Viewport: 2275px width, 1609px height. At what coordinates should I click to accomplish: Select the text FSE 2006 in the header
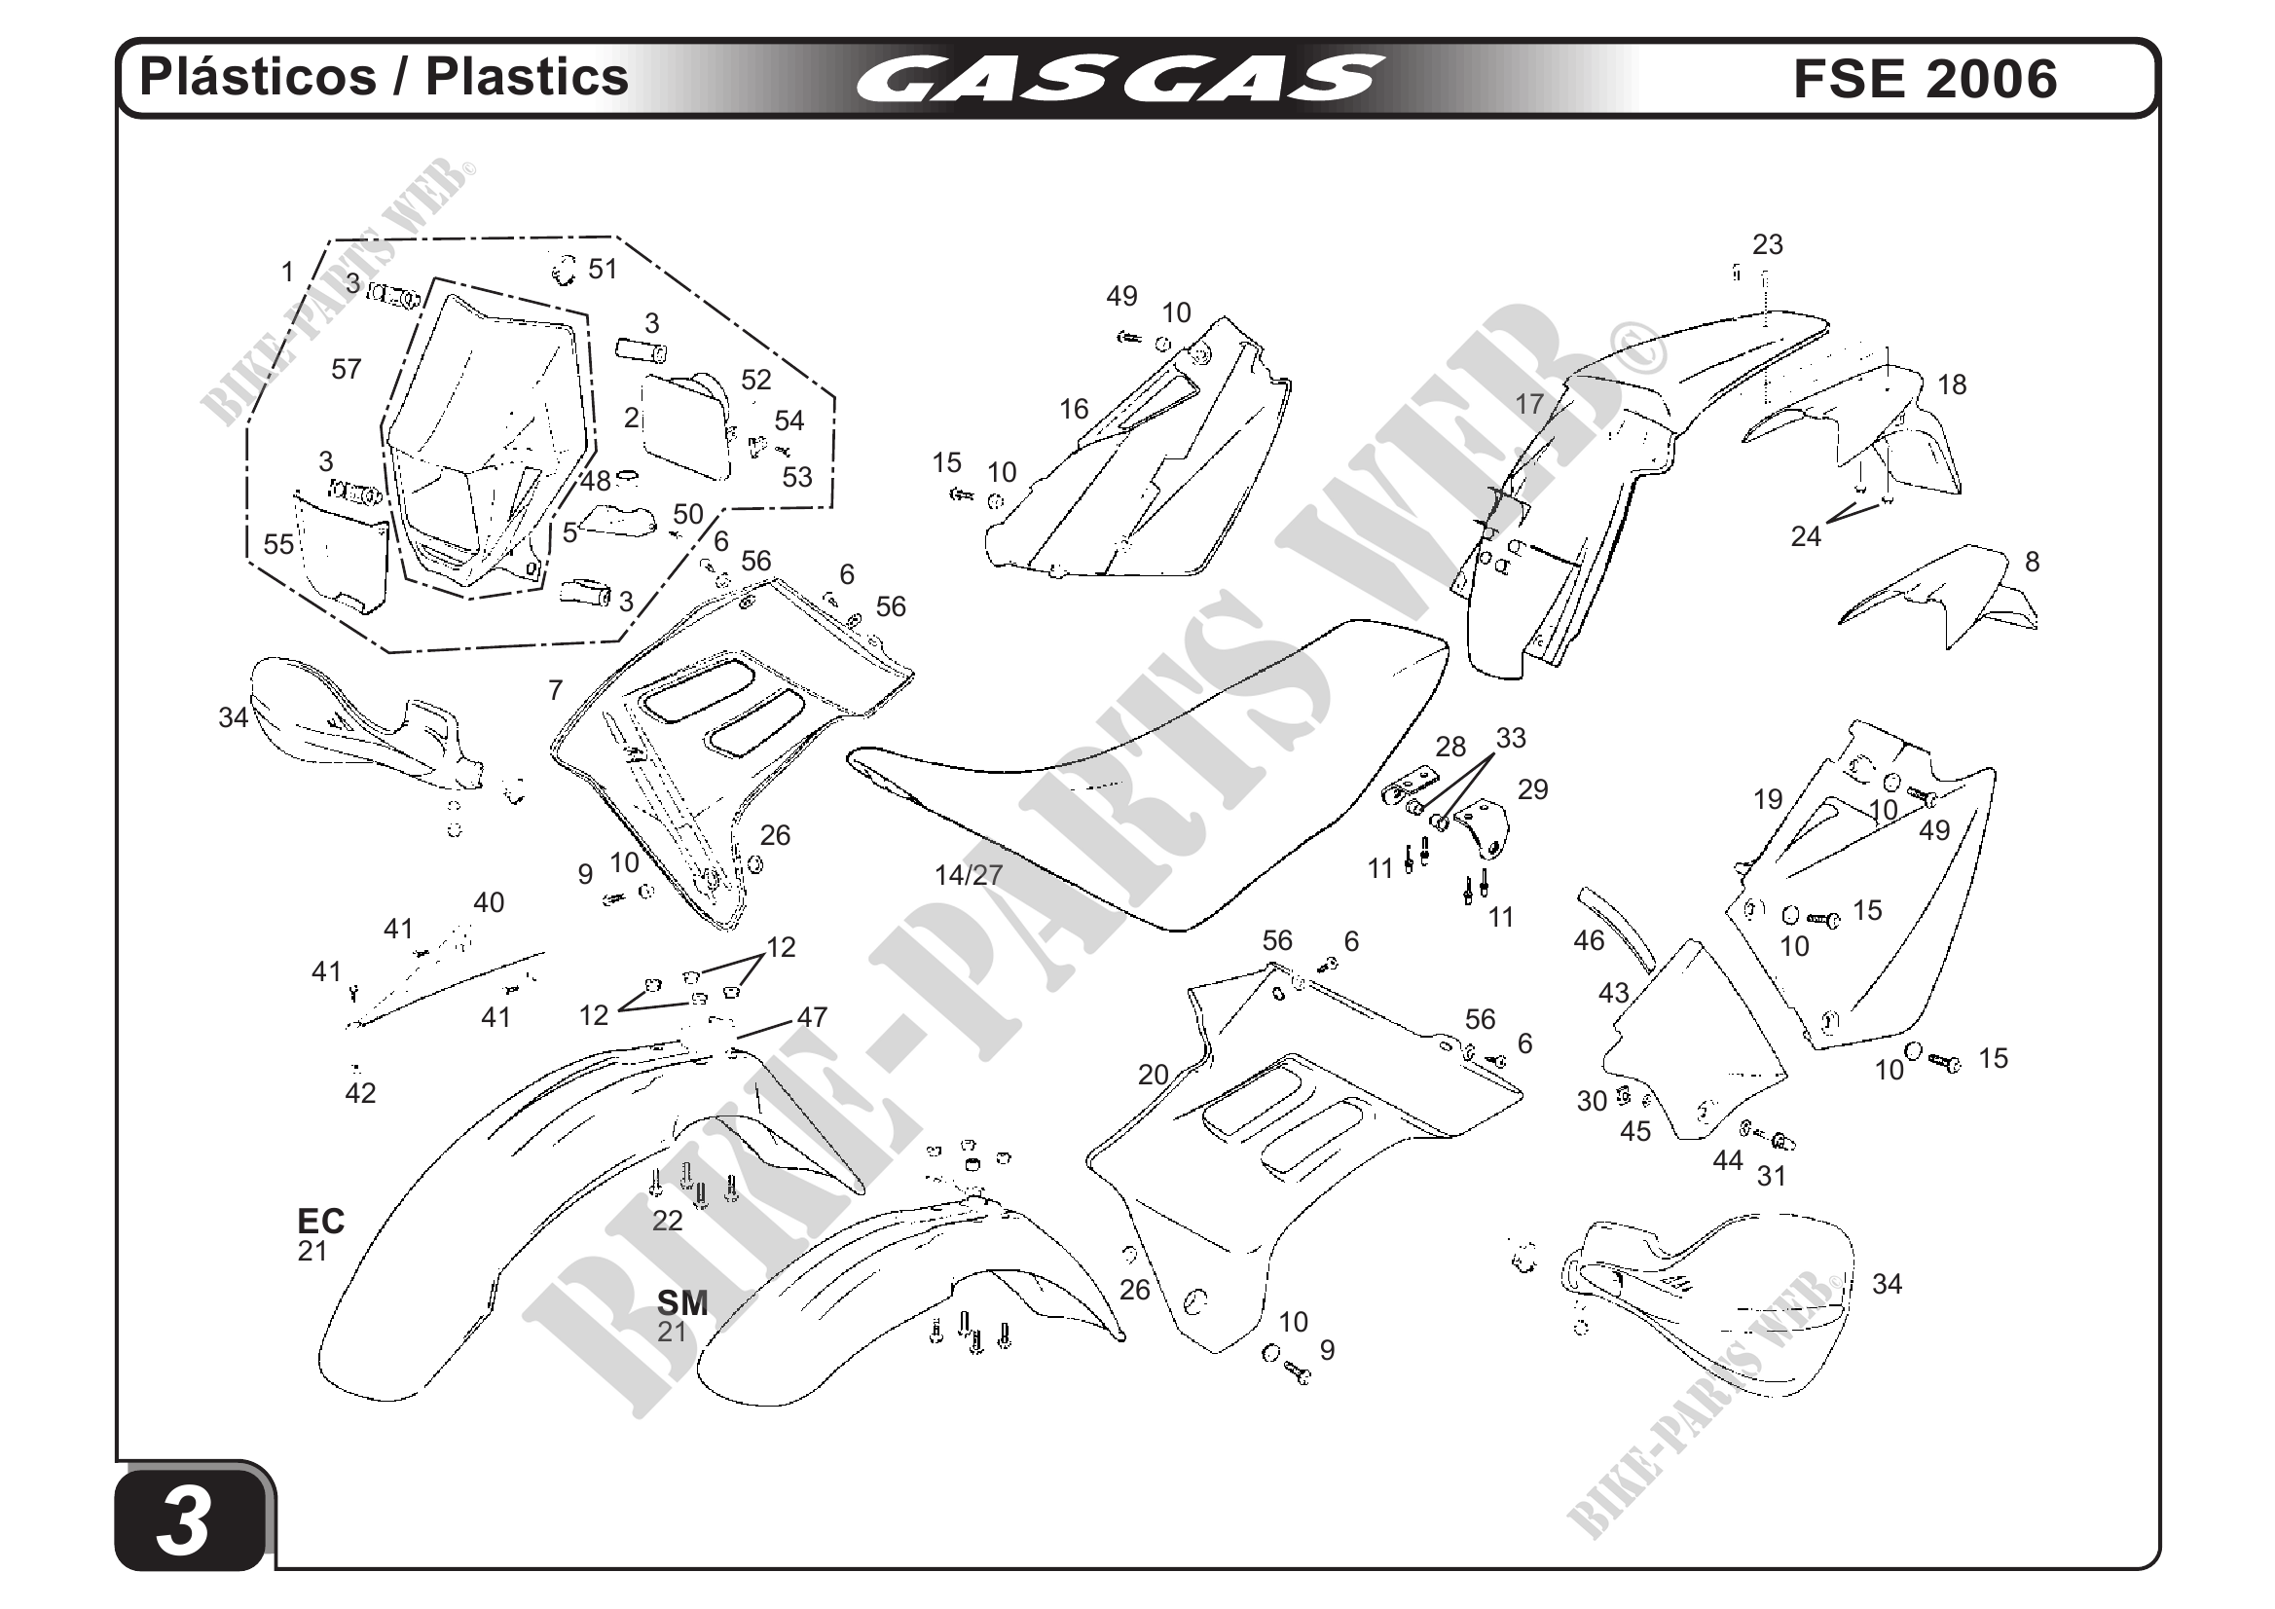[1925, 78]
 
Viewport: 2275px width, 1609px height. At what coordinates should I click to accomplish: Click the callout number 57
[346, 370]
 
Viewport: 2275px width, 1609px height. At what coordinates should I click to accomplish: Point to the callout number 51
[603, 270]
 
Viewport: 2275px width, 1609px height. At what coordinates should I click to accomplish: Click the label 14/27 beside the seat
[968, 875]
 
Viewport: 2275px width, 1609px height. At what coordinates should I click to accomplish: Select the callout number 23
[1767, 244]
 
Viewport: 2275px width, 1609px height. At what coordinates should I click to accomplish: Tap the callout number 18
[1951, 384]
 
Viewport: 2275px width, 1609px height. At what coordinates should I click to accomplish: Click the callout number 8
[2032, 562]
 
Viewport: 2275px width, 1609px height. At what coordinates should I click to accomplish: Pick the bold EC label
[321, 1221]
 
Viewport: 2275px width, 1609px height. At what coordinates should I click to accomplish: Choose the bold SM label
[681, 1301]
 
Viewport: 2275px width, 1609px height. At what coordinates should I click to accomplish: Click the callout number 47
[812, 1016]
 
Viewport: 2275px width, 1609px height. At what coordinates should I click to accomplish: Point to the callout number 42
[359, 1093]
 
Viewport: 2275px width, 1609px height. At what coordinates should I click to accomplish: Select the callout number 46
[1589, 940]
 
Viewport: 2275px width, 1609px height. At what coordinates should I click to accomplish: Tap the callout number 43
[1613, 993]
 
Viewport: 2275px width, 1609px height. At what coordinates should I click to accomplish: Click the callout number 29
[1532, 789]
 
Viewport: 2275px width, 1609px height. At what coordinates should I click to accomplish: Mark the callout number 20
[1153, 1075]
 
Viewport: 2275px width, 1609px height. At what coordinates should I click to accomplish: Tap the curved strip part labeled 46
[1616, 929]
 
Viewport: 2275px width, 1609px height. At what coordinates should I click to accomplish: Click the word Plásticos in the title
[258, 77]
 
